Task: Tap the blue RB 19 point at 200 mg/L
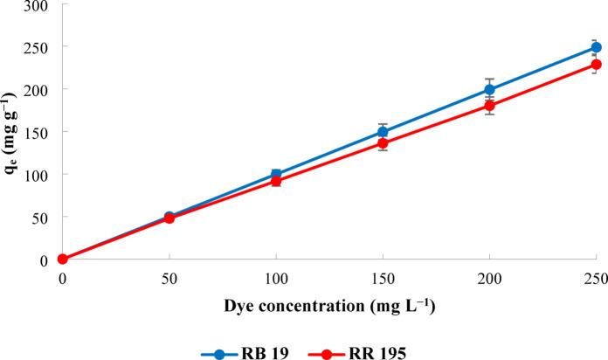[x=490, y=89]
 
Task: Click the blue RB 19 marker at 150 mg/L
[x=383, y=132]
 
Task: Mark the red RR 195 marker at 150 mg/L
[x=383, y=143]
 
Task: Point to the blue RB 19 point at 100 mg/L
[x=276, y=175]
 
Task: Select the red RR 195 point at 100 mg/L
[x=276, y=182]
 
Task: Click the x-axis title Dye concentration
[x=329, y=307]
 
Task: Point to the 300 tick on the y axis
[x=36, y=6]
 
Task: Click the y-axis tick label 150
[x=36, y=132]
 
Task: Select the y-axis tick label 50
[x=39, y=217]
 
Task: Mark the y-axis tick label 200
[x=36, y=89]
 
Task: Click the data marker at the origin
[x=63, y=259]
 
